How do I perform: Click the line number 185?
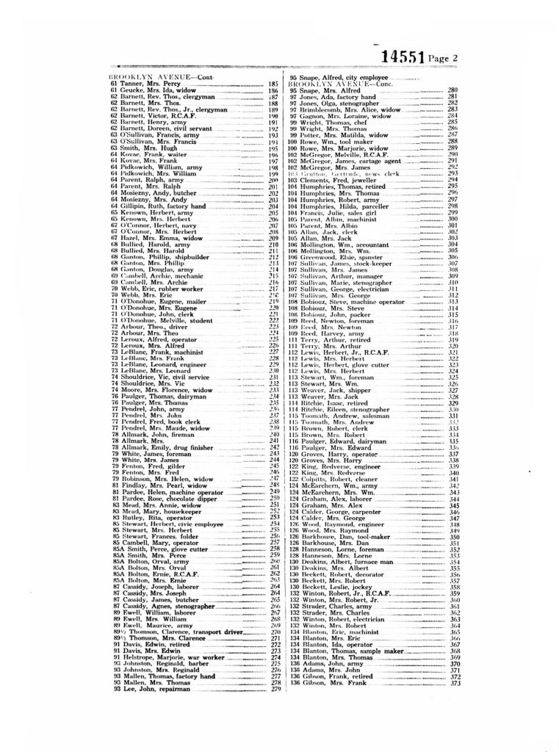point(273,84)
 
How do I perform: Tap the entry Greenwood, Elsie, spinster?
point(337,257)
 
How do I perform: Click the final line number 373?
point(455,684)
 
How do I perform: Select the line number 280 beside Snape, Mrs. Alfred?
point(452,90)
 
